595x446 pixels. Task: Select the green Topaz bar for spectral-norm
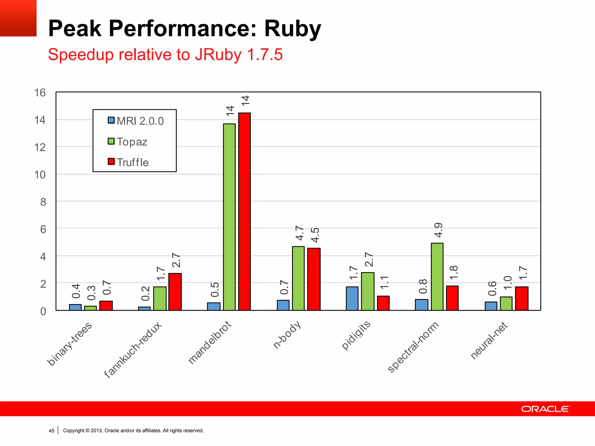click(437, 277)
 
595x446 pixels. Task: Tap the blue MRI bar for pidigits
click(352, 298)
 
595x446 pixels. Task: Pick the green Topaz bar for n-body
click(298, 278)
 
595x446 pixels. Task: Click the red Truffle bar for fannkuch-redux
click(175, 292)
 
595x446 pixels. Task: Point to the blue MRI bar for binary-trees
click(75, 307)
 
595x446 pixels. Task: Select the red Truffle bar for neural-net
click(521, 298)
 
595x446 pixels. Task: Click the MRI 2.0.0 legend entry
click(136, 121)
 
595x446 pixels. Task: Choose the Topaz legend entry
click(128, 142)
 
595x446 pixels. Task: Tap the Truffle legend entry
click(128, 162)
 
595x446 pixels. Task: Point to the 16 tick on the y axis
click(40, 93)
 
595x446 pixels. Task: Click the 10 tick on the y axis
click(40, 175)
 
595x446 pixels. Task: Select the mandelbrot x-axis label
click(210, 343)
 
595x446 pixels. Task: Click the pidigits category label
click(356, 335)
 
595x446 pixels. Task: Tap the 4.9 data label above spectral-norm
click(438, 230)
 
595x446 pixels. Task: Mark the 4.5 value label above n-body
click(315, 235)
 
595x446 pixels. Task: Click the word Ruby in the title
click(292, 29)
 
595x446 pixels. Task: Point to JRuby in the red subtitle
click(218, 55)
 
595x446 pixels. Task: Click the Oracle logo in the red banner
click(545, 409)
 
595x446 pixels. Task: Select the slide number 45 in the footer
click(51, 431)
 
